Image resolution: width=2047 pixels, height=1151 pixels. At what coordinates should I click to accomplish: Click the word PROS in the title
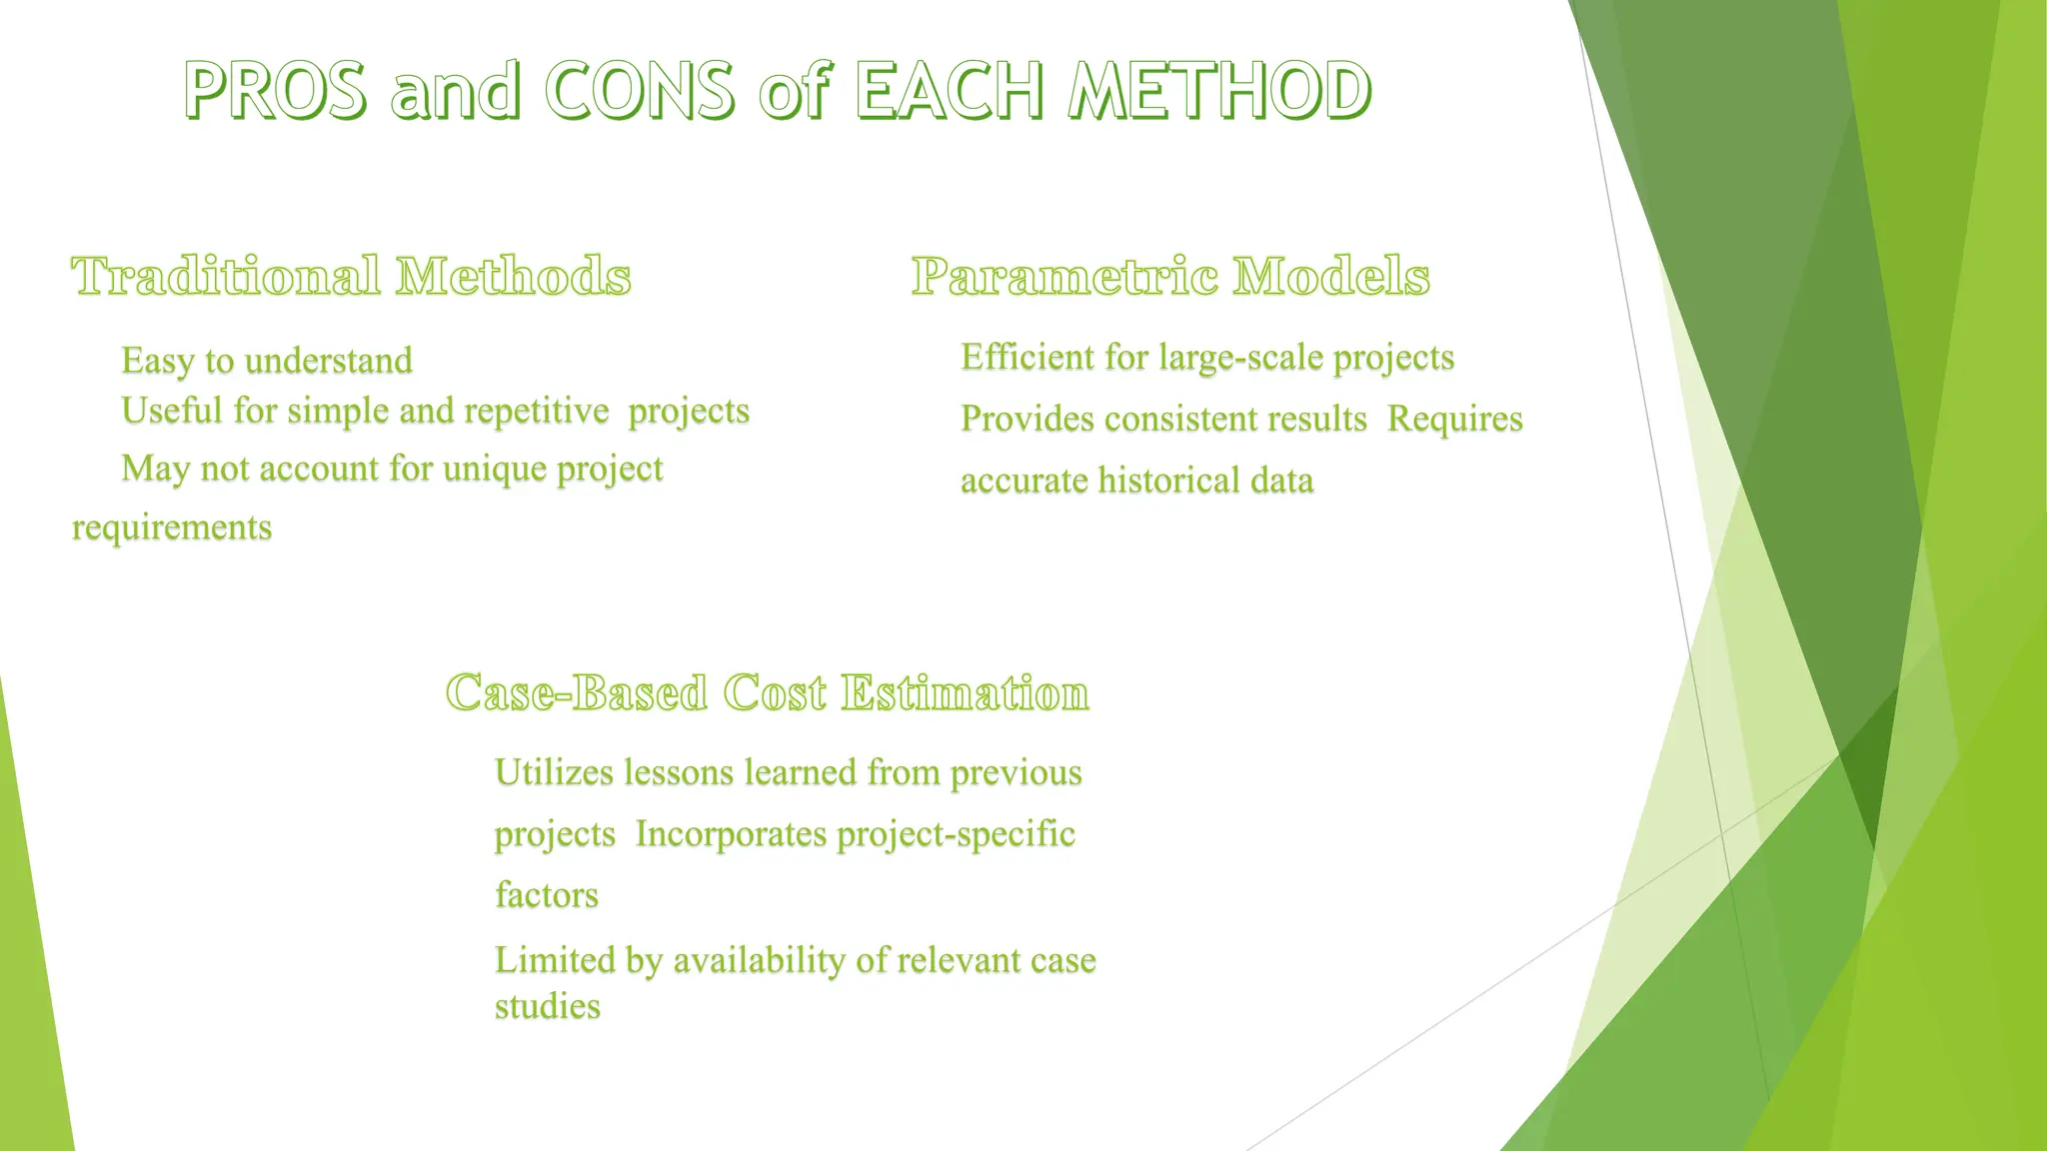pyautogui.click(x=276, y=90)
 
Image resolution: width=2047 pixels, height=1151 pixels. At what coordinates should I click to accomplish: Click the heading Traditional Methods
pyautogui.click(x=351, y=277)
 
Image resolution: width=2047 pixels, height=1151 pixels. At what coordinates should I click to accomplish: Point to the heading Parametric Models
pyautogui.click(x=1170, y=277)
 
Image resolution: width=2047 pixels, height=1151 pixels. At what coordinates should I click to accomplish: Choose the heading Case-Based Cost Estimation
pyautogui.click(x=767, y=693)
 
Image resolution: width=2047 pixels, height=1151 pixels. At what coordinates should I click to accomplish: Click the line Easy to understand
pyautogui.click(x=267, y=361)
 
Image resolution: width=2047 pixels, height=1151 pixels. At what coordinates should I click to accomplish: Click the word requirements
pyautogui.click(x=172, y=528)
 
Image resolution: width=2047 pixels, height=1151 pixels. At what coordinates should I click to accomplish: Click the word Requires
pyautogui.click(x=1454, y=419)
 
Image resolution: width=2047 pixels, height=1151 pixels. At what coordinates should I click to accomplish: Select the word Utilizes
pyautogui.click(x=554, y=772)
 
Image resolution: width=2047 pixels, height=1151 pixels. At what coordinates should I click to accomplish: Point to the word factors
pyautogui.click(x=547, y=895)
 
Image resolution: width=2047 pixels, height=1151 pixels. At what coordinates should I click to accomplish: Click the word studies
pyautogui.click(x=548, y=1006)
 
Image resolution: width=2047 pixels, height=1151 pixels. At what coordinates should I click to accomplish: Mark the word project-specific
pyautogui.click(x=956, y=834)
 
